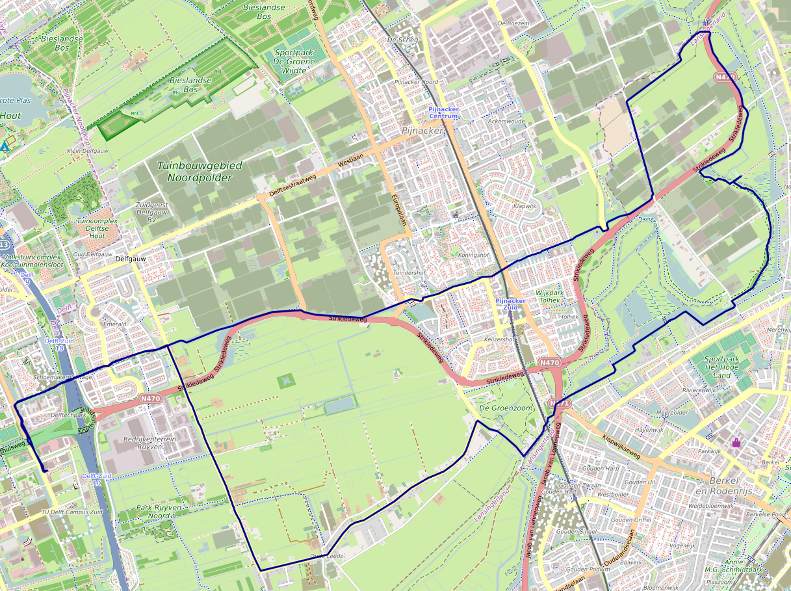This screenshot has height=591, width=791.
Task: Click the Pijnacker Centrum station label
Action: point(444,112)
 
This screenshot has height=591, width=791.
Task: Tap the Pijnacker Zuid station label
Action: point(510,304)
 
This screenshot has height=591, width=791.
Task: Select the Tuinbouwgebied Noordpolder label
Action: point(200,171)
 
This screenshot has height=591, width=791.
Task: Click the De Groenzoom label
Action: point(505,408)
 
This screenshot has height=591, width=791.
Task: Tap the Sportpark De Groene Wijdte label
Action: point(294,61)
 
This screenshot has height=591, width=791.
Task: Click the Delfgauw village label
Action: point(130,258)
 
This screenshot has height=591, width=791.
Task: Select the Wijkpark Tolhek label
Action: point(549,297)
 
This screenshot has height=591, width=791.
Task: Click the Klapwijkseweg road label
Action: point(621,447)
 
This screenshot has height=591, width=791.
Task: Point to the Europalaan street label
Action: point(399,209)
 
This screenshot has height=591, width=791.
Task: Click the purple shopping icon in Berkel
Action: point(736,442)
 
